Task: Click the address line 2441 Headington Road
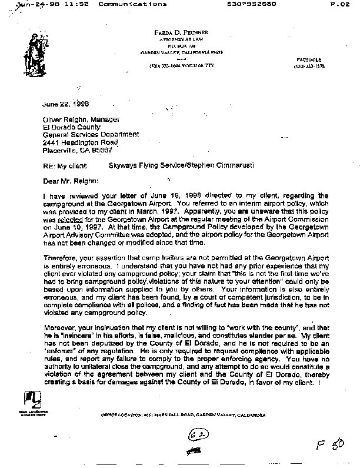(80, 142)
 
